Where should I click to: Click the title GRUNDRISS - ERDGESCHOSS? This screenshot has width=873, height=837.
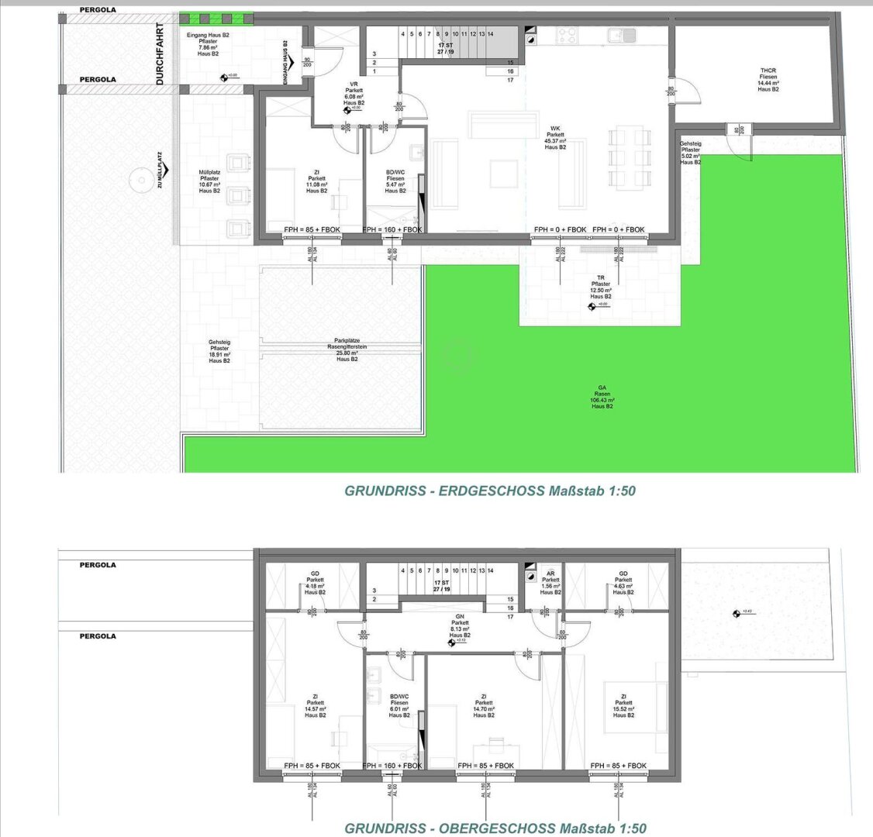(490, 491)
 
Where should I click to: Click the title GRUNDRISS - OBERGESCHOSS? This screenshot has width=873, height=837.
(495, 828)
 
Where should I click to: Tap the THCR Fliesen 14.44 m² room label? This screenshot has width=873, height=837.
(768, 80)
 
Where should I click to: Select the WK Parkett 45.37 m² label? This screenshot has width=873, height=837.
(555, 138)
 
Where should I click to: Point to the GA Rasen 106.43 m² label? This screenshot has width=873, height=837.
(602, 396)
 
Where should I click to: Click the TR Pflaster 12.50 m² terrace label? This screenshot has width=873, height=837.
(600, 287)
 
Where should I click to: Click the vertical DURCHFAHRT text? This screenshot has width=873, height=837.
(160, 53)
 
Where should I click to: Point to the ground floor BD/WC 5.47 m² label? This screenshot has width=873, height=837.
(395, 181)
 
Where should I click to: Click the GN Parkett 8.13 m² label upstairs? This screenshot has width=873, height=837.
(461, 627)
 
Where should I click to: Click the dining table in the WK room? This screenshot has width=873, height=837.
(629, 159)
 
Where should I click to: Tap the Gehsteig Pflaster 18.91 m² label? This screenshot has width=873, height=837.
(219, 351)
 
